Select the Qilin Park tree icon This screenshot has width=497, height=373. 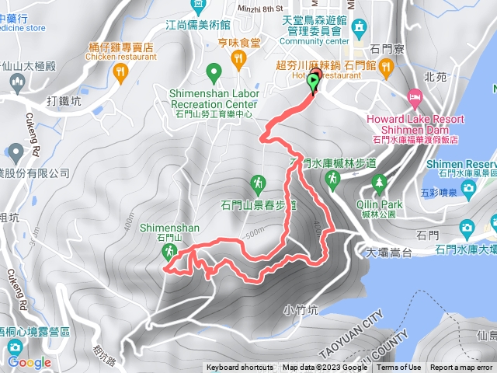point(380,183)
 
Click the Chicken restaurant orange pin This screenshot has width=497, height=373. point(120,72)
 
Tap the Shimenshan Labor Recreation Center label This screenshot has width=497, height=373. point(213,99)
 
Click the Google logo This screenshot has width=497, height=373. point(30,362)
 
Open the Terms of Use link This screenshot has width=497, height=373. point(398,368)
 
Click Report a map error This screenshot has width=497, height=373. point(461,368)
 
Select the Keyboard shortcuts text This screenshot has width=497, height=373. point(240,368)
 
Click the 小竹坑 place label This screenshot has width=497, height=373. point(301,309)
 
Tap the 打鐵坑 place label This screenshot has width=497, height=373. point(64,100)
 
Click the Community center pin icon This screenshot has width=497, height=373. point(359,28)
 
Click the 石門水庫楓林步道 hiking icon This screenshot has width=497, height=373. point(333,179)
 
